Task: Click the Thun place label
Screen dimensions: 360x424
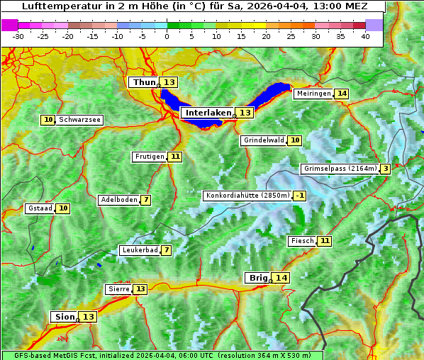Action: point(144,83)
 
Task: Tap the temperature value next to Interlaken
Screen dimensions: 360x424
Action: point(245,113)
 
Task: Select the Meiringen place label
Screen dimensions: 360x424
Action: point(313,94)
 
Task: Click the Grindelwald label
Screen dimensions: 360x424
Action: point(263,140)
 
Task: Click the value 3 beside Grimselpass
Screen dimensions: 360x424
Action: point(385,169)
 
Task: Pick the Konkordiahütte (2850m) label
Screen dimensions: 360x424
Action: point(247,196)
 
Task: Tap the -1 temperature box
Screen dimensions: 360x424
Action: point(300,196)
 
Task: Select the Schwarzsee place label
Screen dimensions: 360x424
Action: point(79,120)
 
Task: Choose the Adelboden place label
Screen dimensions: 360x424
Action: point(118,200)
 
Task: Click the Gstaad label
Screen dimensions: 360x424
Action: point(40,208)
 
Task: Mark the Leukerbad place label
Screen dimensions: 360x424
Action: point(139,250)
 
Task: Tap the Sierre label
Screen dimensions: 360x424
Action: point(118,289)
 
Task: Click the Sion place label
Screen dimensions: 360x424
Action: point(64,317)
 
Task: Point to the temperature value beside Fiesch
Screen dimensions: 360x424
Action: point(325,241)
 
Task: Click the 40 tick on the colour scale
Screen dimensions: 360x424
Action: point(365,36)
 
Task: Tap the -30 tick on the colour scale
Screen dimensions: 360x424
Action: point(18,36)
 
